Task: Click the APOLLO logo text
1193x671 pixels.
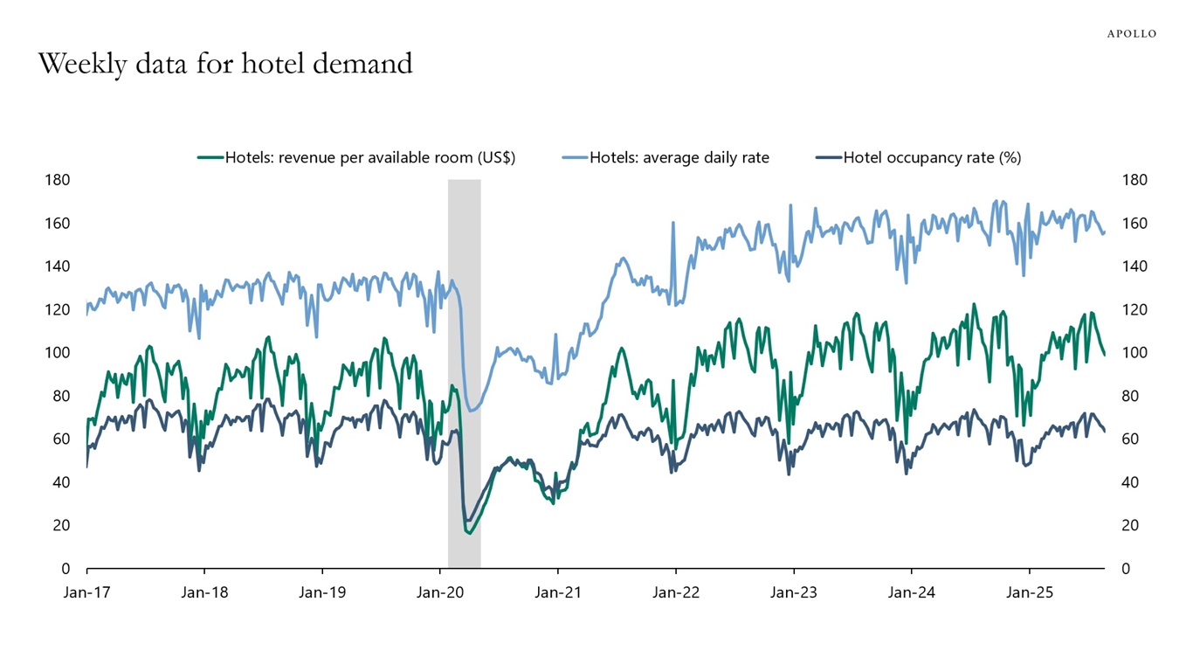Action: pyautogui.click(x=1131, y=33)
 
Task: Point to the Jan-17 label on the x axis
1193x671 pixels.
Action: pyautogui.click(x=86, y=592)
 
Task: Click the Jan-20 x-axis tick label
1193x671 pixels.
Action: pyautogui.click(x=440, y=592)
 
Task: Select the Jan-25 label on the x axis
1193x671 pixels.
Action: pyautogui.click(x=1029, y=592)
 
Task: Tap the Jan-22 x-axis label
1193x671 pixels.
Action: pyautogui.click(x=676, y=592)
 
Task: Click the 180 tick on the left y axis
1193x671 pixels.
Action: pyautogui.click(x=58, y=180)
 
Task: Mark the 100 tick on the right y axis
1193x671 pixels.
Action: pyautogui.click(x=1134, y=353)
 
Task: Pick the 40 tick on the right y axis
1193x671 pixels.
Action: pyautogui.click(x=1131, y=482)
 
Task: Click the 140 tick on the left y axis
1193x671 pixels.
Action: pyautogui.click(x=58, y=266)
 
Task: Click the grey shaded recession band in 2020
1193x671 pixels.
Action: pyautogui.click(x=464, y=367)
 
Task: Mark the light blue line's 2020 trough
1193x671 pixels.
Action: pyautogui.click(x=472, y=411)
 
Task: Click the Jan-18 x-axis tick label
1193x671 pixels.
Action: pyautogui.click(x=204, y=592)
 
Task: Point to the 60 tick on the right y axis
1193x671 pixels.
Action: pyautogui.click(x=1131, y=439)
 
